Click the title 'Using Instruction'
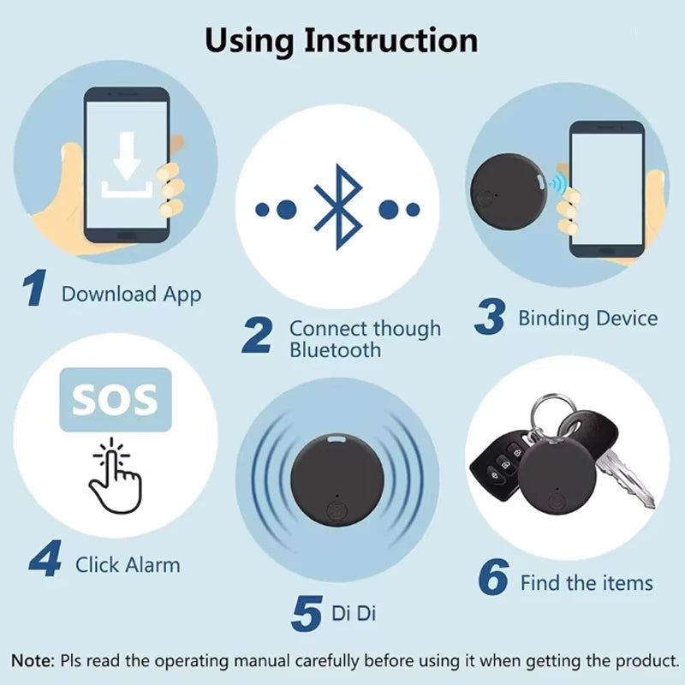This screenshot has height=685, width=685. [342, 40]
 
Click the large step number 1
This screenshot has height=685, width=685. [35, 289]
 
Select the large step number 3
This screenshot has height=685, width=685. [490, 318]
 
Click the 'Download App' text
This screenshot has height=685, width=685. [131, 295]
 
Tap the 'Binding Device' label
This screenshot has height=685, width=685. [587, 319]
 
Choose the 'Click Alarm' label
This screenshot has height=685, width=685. [128, 565]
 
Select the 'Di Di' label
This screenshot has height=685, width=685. [354, 613]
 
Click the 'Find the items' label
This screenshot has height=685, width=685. [587, 584]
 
